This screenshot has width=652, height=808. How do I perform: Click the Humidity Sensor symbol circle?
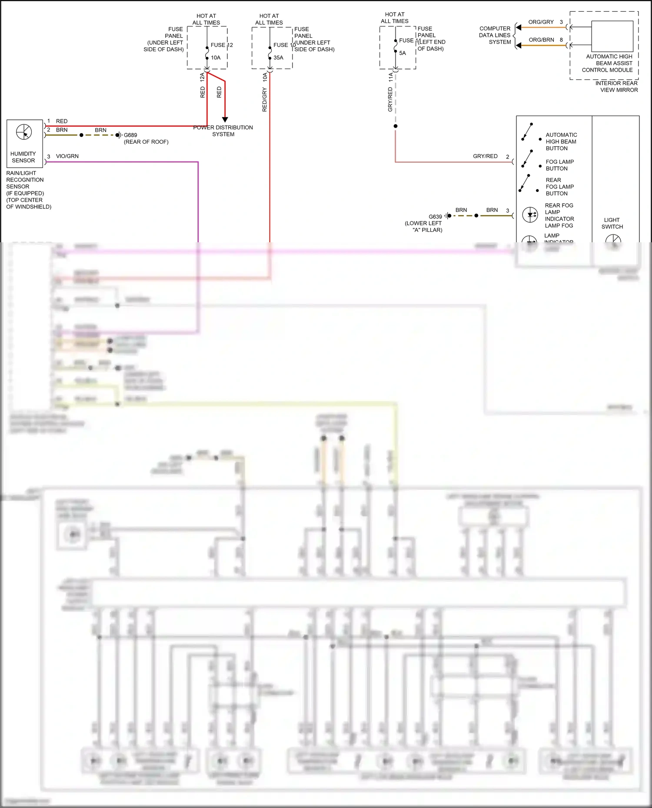click(x=24, y=132)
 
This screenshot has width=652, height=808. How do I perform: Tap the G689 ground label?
click(x=130, y=135)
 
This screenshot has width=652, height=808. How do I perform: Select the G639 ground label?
click(x=435, y=216)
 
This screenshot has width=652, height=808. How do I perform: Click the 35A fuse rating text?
click(x=278, y=57)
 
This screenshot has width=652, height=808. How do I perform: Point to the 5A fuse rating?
click(x=403, y=53)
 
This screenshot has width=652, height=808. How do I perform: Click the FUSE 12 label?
click(x=222, y=45)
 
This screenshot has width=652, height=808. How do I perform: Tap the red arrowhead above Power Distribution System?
click(x=225, y=119)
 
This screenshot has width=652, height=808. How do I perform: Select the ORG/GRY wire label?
click(x=541, y=22)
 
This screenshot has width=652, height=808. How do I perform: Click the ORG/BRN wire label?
click(x=541, y=40)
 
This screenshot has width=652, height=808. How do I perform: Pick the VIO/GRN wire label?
click(x=67, y=156)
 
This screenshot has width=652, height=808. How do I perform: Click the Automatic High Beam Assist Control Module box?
click(x=612, y=36)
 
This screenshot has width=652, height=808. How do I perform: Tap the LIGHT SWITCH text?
click(x=612, y=223)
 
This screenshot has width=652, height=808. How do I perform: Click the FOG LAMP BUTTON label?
click(x=559, y=165)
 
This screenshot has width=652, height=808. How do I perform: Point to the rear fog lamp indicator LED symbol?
click(x=530, y=214)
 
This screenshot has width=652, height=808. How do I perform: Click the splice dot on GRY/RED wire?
click(x=396, y=126)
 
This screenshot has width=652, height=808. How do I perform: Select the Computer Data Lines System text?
click(x=495, y=35)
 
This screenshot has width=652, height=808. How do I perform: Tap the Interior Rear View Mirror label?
click(x=616, y=86)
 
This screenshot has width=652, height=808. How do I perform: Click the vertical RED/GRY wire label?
click(x=264, y=99)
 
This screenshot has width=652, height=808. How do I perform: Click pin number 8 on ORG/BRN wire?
click(x=561, y=40)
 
